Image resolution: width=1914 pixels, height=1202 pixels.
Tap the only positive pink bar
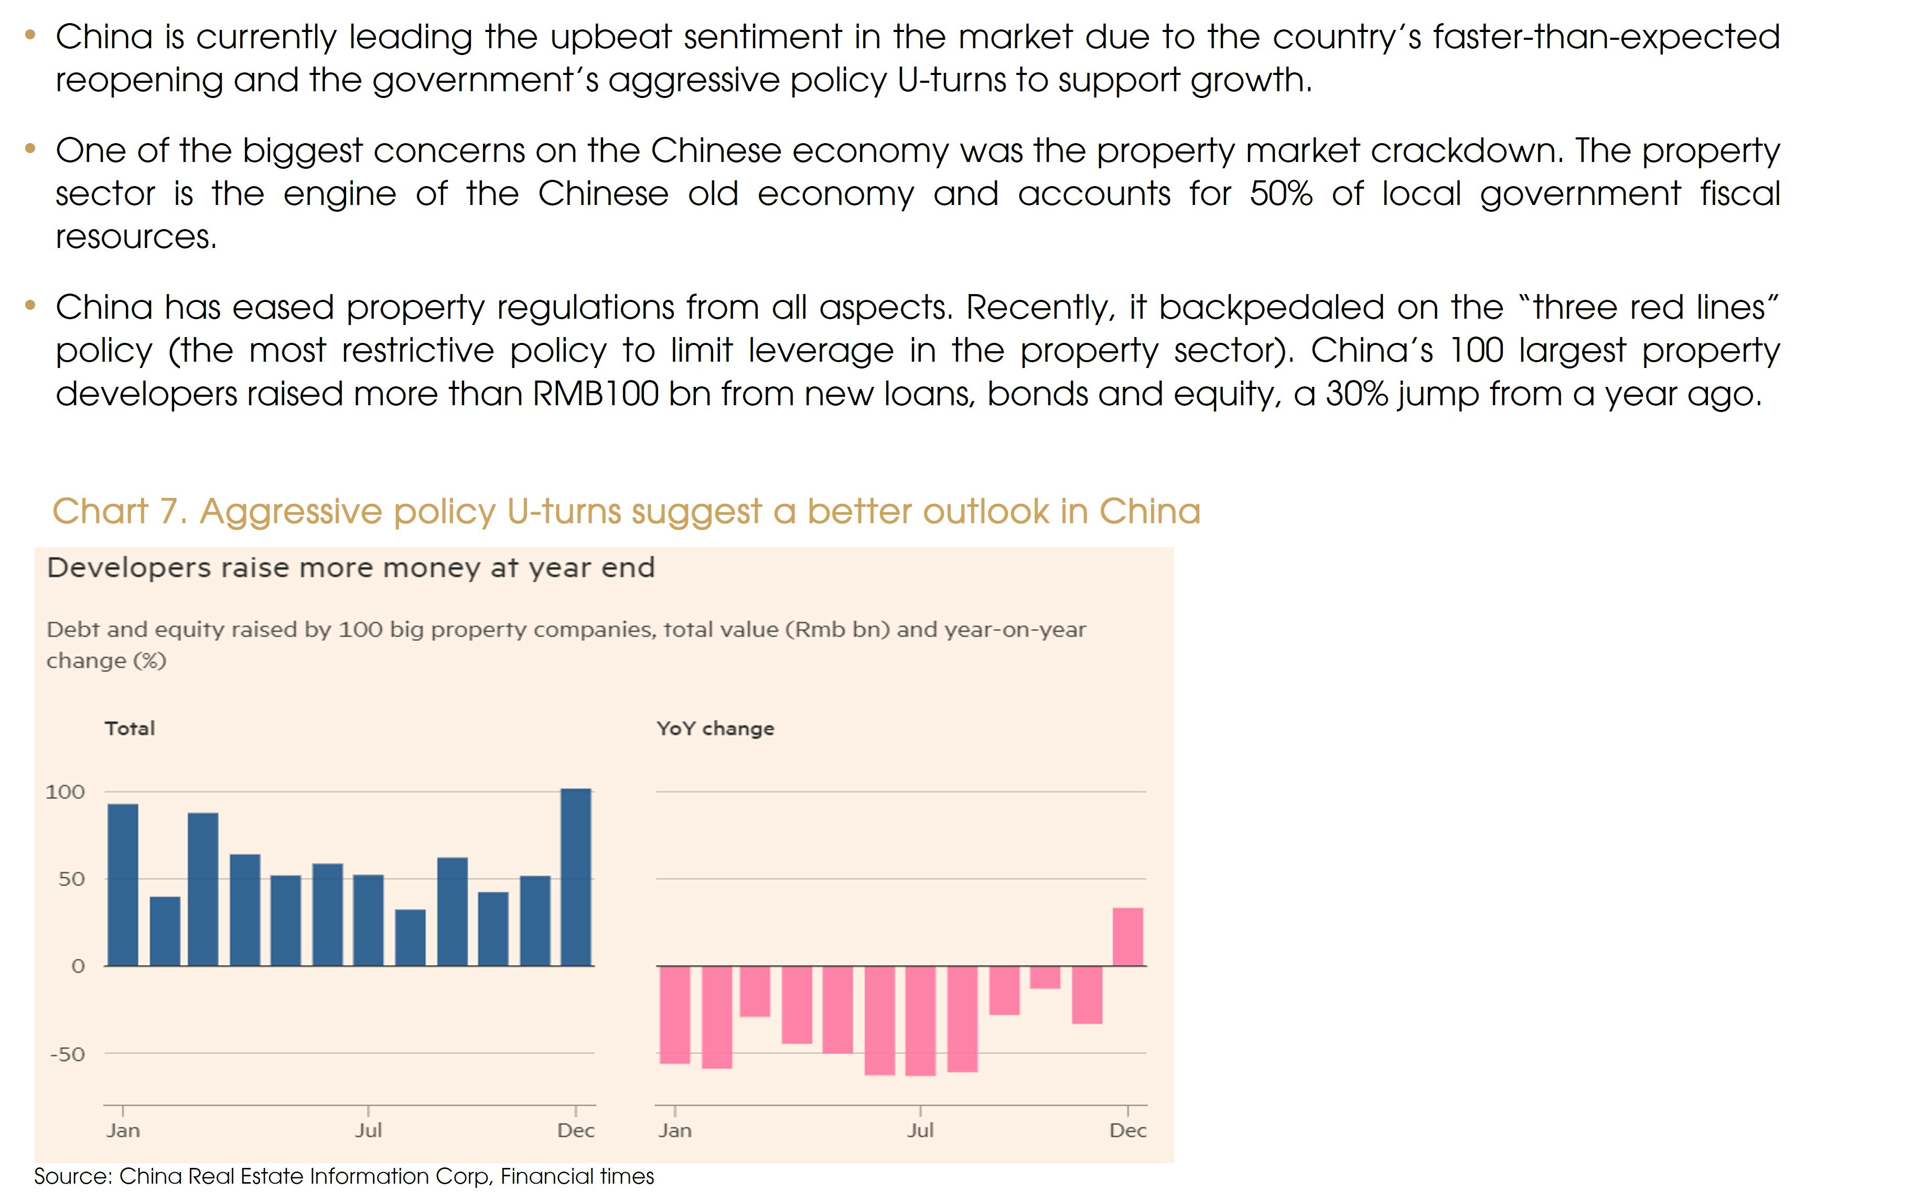point(1127,937)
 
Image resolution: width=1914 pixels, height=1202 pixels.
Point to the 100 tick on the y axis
point(65,792)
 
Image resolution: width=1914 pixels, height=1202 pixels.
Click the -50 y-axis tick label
point(67,1054)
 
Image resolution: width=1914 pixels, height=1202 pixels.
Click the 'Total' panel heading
point(130,729)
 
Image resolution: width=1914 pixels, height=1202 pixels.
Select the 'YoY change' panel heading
point(715,729)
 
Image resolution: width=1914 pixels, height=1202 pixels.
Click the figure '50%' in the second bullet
point(1281,194)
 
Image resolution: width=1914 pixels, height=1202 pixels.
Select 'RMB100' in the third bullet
point(595,394)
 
